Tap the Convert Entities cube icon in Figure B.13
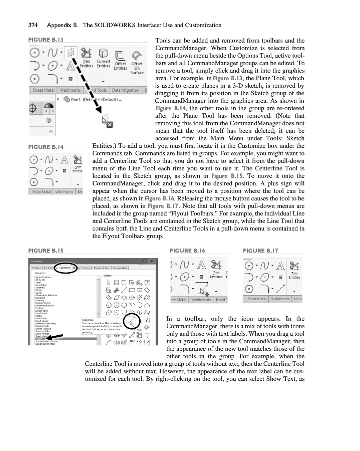coord(103,54)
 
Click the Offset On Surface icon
coord(136,54)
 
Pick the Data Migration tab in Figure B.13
coord(125,90)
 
